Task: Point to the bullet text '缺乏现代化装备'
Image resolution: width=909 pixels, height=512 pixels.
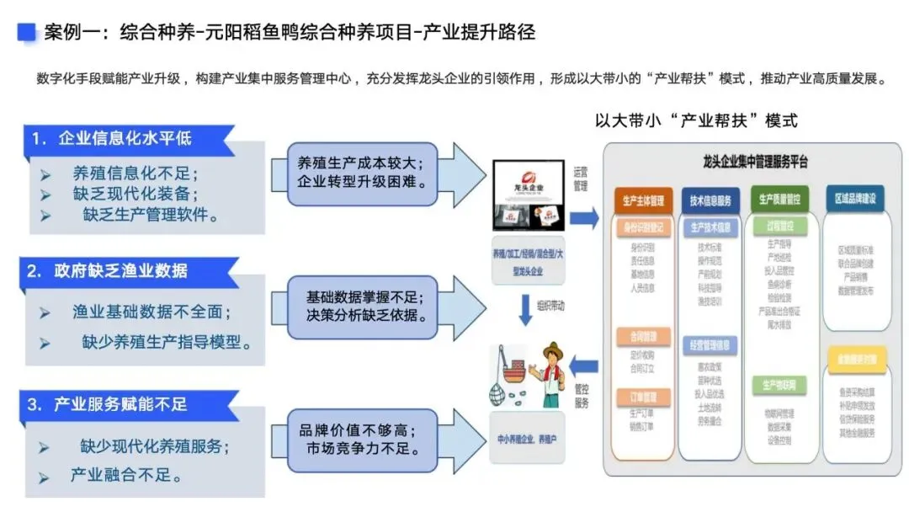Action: click(x=135, y=194)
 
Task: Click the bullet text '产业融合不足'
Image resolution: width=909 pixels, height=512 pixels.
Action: click(x=126, y=476)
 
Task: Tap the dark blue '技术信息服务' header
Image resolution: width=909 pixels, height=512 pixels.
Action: click(x=710, y=201)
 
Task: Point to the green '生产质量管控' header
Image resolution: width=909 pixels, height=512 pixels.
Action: click(x=779, y=200)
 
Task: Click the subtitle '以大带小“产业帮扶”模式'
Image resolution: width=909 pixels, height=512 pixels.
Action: click(x=696, y=120)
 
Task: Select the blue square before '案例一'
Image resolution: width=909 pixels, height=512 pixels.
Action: click(x=28, y=32)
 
